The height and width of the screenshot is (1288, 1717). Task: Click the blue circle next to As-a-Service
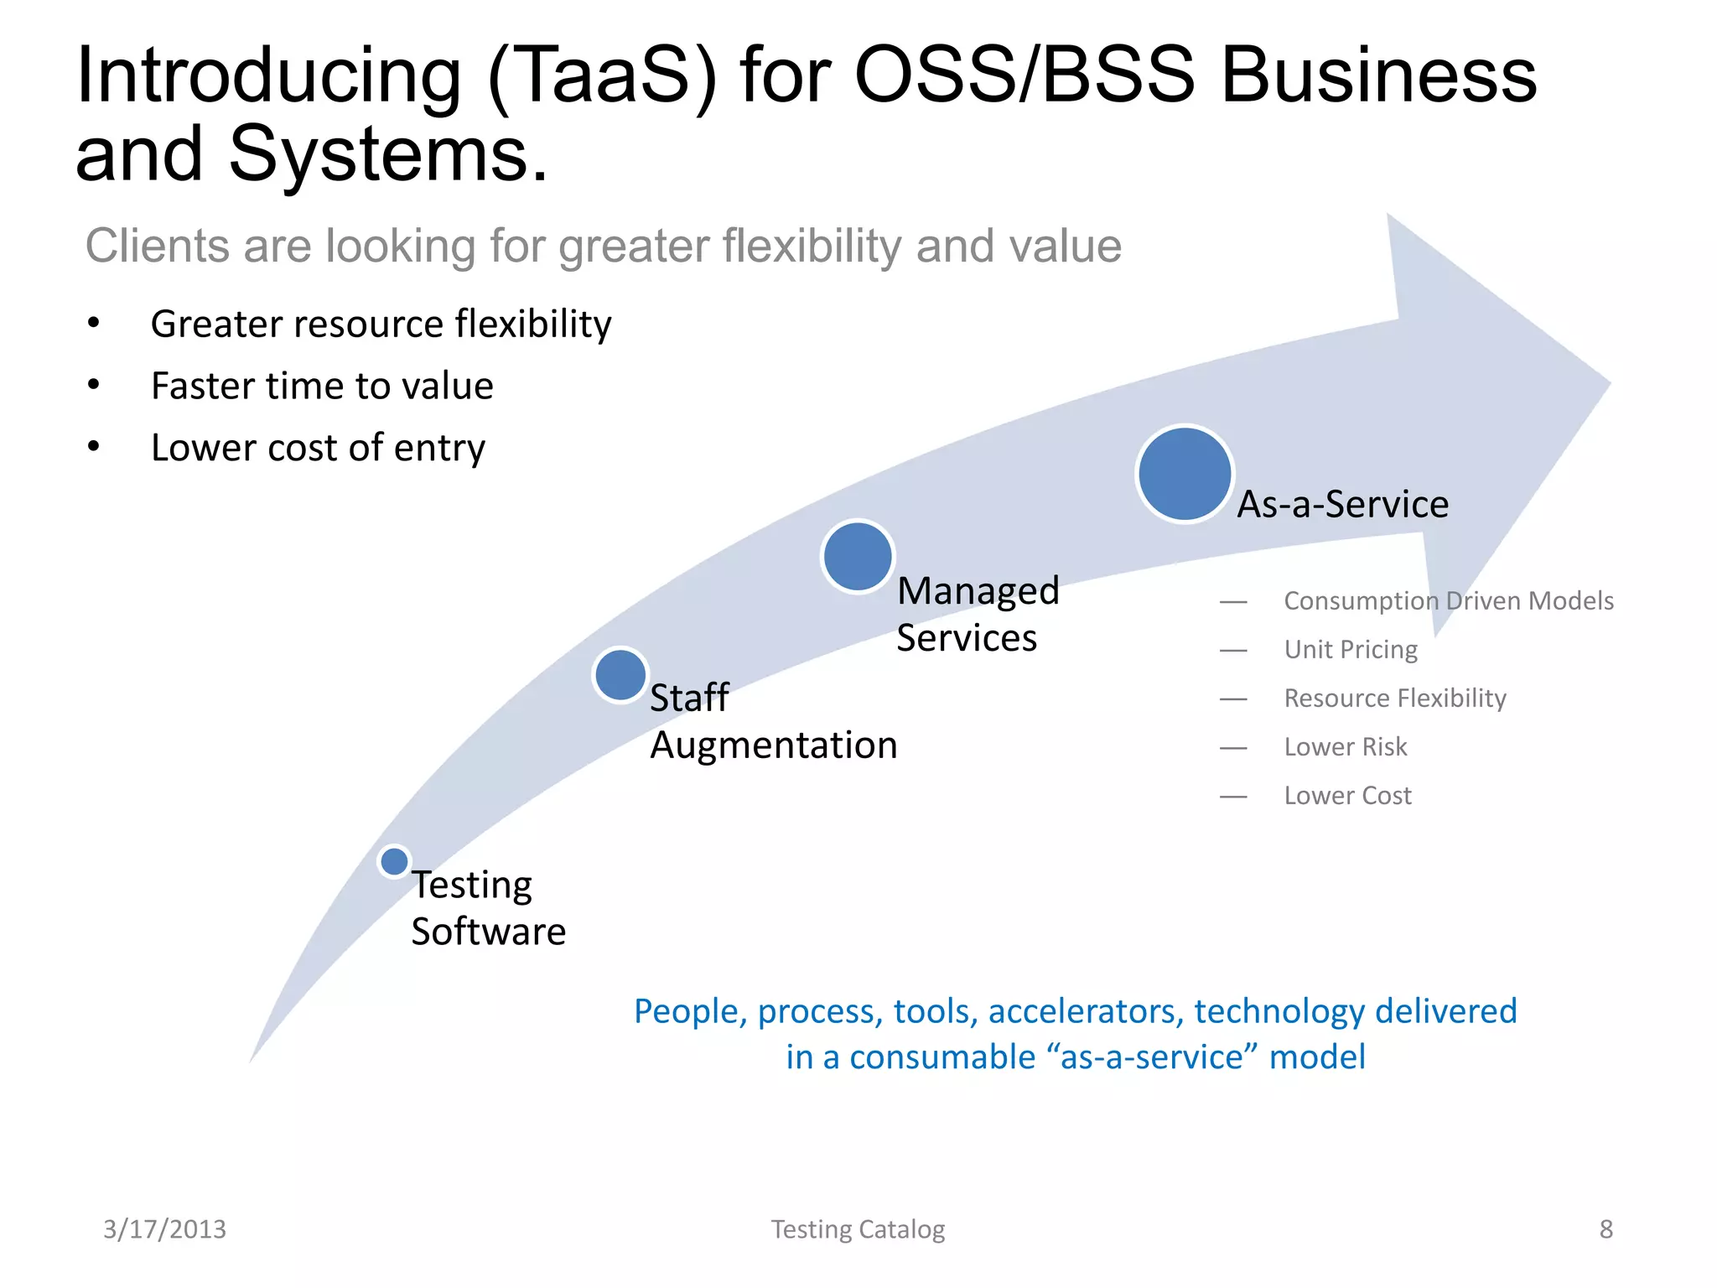point(1184,474)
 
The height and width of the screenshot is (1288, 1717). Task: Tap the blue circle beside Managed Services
point(857,557)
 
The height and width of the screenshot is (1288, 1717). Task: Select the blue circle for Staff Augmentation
point(620,675)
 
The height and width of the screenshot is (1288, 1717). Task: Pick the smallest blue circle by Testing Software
point(394,861)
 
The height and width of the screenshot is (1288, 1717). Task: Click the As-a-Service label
point(1342,504)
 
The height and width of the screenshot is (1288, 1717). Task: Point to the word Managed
point(978,591)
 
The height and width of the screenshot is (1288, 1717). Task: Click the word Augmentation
point(773,745)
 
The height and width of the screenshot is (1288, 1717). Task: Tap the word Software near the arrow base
point(488,932)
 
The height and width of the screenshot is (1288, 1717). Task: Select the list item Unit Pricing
point(1350,650)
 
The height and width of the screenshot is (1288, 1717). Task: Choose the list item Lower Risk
point(1345,747)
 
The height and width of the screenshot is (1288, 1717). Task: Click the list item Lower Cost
point(1347,796)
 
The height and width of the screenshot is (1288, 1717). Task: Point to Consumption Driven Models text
point(1448,601)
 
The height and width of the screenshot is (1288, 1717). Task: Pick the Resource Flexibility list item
point(1394,699)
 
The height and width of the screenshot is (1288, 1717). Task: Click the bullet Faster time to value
point(322,387)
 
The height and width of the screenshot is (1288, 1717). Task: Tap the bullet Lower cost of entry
point(318,449)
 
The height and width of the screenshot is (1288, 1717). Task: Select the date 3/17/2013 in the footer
point(164,1229)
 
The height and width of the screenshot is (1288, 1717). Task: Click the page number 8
point(1605,1229)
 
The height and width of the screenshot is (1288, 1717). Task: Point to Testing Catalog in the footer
point(858,1229)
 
